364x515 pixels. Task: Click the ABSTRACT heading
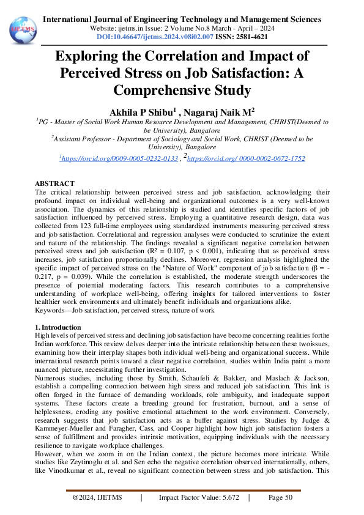click(x=54, y=183)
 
